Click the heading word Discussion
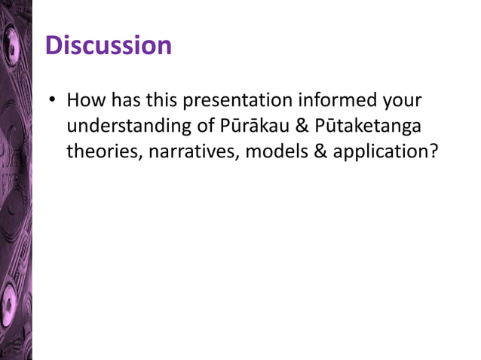[x=109, y=46]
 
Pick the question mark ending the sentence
[x=432, y=151]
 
